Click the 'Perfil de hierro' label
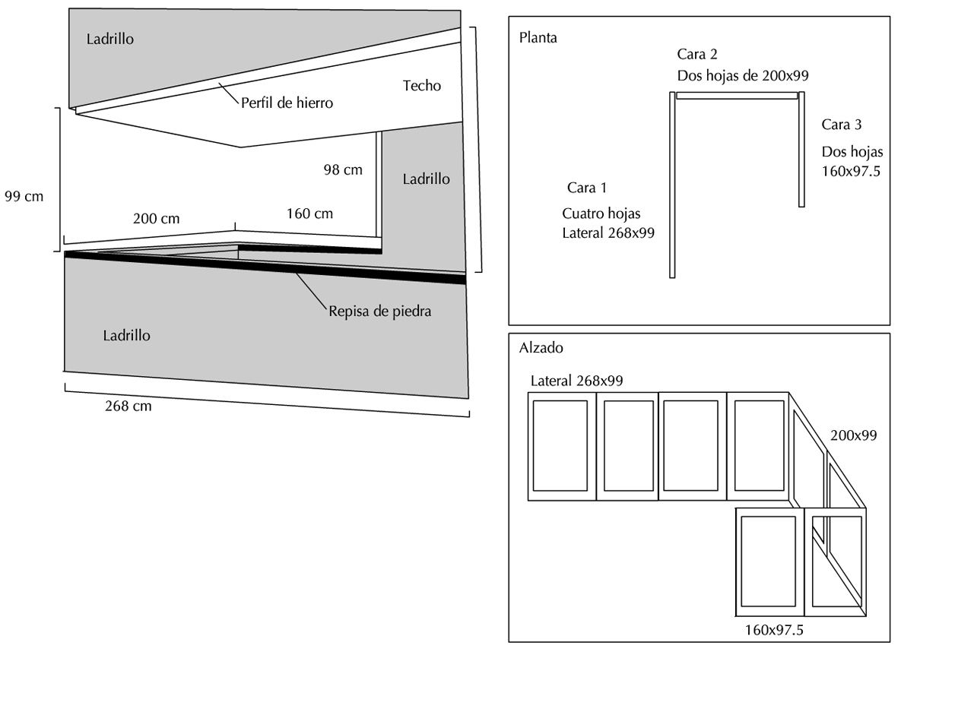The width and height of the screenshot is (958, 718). click(287, 103)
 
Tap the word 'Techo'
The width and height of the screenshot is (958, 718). click(421, 86)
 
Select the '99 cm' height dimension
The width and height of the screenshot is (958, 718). click(24, 197)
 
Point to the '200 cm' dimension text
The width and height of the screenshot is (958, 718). click(156, 219)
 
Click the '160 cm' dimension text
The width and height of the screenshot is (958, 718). click(309, 214)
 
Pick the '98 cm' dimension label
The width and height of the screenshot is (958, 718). click(343, 170)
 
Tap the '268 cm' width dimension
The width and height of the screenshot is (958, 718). click(128, 406)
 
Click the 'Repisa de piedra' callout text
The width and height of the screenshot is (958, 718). click(379, 312)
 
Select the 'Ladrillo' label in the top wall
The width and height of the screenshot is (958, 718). click(110, 39)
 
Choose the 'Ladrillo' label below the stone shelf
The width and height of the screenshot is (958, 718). click(126, 336)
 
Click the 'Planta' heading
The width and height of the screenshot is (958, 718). click(538, 38)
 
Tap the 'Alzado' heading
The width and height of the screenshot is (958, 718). click(541, 348)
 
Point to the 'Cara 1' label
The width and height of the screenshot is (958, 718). click(587, 188)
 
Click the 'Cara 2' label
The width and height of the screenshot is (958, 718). click(697, 54)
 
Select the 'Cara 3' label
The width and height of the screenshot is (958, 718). click(842, 125)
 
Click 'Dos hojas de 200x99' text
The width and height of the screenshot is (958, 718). click(743, 76)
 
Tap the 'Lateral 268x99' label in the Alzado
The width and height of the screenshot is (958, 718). click(576, 381)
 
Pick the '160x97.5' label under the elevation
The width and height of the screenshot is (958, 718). click(774, 630)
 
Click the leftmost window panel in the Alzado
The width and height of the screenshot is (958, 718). click(560, 446)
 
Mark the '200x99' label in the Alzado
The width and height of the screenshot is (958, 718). click(853, 435)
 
